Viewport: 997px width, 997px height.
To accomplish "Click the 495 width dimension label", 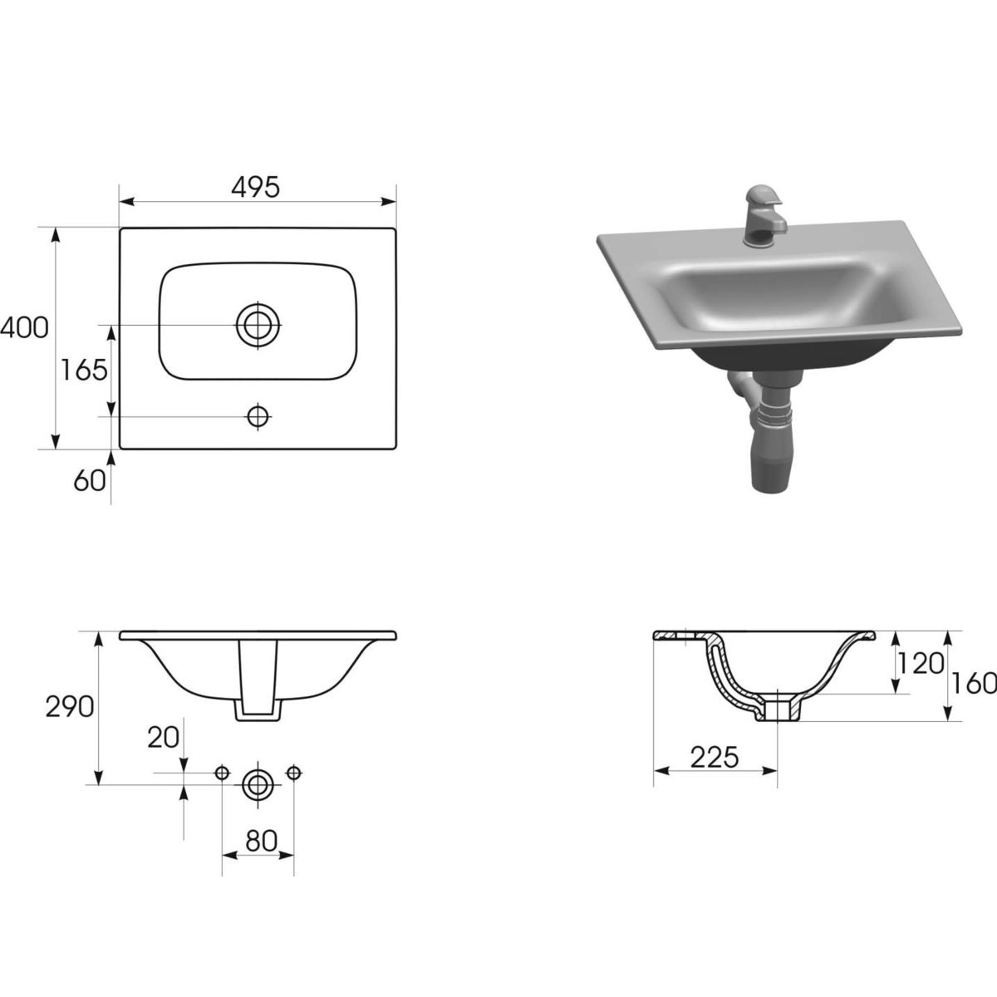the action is [x=255, y=187].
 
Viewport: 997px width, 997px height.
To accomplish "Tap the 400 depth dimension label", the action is [x=24, y=328].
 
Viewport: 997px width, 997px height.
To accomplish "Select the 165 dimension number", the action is [x=84, y=370].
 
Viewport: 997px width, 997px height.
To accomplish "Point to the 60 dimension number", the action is [x=90, y=481].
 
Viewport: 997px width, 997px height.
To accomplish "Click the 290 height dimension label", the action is [x=70, y=707].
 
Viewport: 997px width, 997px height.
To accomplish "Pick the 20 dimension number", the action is [x=164, y=738].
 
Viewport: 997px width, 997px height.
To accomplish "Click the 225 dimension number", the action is [x=714, y=759].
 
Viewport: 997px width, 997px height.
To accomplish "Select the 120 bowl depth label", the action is [x=921, y=664].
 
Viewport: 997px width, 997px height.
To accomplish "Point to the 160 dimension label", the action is [x=975, y=684].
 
